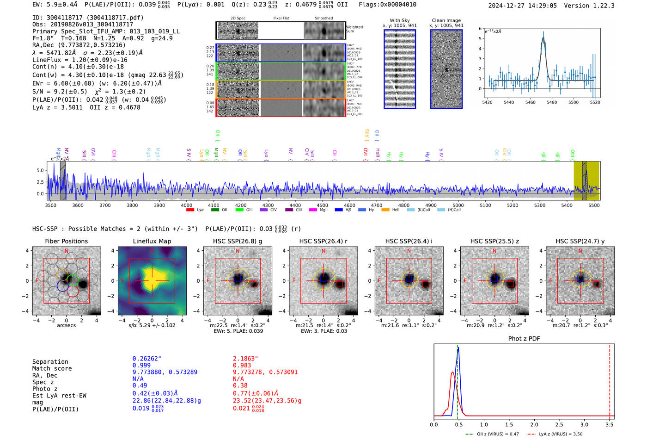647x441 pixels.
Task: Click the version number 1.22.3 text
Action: click(602, 6)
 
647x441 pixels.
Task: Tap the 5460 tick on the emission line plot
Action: click(530, 102)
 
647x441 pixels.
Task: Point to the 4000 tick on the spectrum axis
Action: click(187, 205)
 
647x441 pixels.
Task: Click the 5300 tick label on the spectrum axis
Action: click(539, 205)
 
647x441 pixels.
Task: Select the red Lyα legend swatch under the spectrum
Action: click(190, 210)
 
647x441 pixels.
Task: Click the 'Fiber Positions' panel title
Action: click(66, 241)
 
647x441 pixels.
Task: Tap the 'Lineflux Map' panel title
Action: click(152, 241)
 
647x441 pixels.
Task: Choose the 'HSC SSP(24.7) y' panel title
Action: click(580, 241)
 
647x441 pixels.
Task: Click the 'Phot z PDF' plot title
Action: click(524, 339)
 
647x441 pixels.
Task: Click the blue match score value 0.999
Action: click(141, 365)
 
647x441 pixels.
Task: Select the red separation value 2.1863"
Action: click(245, 358)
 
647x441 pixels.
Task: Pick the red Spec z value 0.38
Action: click(240, 385)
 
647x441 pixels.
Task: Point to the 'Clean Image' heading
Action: click(446, 20)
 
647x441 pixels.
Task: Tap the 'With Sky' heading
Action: click(399, 20)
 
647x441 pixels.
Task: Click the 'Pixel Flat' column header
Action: click(281, 19)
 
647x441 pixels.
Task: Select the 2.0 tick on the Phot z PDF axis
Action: click(534, 424)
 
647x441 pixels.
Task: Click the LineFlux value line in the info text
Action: click(79, 60)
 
